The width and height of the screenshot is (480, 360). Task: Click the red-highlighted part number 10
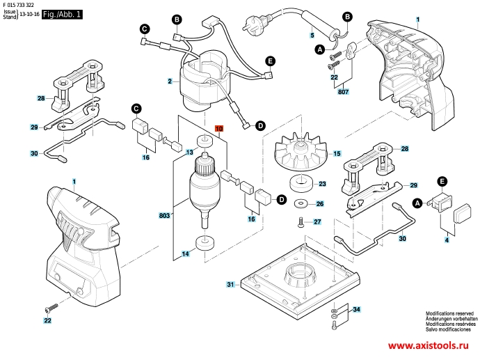click(x=218, y=130)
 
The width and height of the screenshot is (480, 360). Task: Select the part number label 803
click(x=164, y=217)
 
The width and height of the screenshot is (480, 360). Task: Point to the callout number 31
click(x=231, y=285)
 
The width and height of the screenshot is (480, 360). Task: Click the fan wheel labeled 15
click(x=300, y=155)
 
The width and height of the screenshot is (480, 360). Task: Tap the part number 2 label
click(x=169, y=81)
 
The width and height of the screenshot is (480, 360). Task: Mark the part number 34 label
click(x=356, y=308)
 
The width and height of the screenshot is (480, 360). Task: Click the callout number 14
click(x=186, y=255)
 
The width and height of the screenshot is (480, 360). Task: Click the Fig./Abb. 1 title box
click(x=62, y=14)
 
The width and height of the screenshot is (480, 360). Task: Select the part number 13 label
click(x=189, y=151)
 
